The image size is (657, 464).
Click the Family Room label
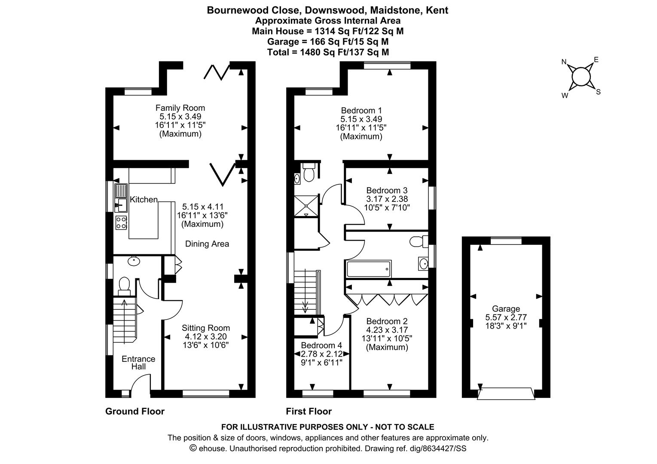180,108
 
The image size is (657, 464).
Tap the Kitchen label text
144,200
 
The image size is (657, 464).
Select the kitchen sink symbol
121,198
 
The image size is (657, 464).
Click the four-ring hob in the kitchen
121,223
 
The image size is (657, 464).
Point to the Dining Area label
207,244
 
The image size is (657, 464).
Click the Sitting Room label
205,328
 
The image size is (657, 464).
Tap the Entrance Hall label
138,363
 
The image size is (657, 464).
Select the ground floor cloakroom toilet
124,287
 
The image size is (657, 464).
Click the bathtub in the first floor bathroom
369,269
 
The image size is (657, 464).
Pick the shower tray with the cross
306,206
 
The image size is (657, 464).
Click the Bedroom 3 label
387,190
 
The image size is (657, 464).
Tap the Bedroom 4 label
321,345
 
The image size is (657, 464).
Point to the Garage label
506,308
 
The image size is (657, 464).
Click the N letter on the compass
564,62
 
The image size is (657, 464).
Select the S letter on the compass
598,92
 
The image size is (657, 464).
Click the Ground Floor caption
135,412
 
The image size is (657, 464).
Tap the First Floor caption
309,412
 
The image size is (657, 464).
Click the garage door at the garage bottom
506,394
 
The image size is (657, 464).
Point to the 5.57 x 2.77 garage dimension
506,317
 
